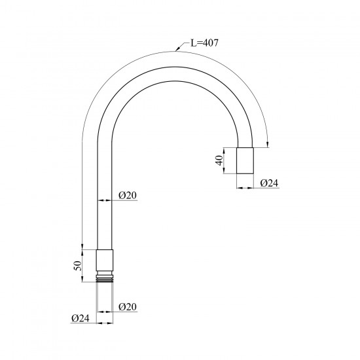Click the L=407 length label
[x=204, y=43]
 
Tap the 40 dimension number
[x=219, y=160]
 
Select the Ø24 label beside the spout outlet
[x=269, y=183]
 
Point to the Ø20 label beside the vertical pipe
[x=128, y=196]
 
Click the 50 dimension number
[x=78, y=266]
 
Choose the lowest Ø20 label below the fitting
[x=128, y=307]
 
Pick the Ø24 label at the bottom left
[x=80, y=318]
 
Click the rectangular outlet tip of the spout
[x=245, y=160]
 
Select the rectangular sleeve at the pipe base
[x=105, y=260]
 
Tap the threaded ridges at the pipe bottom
[x=105, y=278]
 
